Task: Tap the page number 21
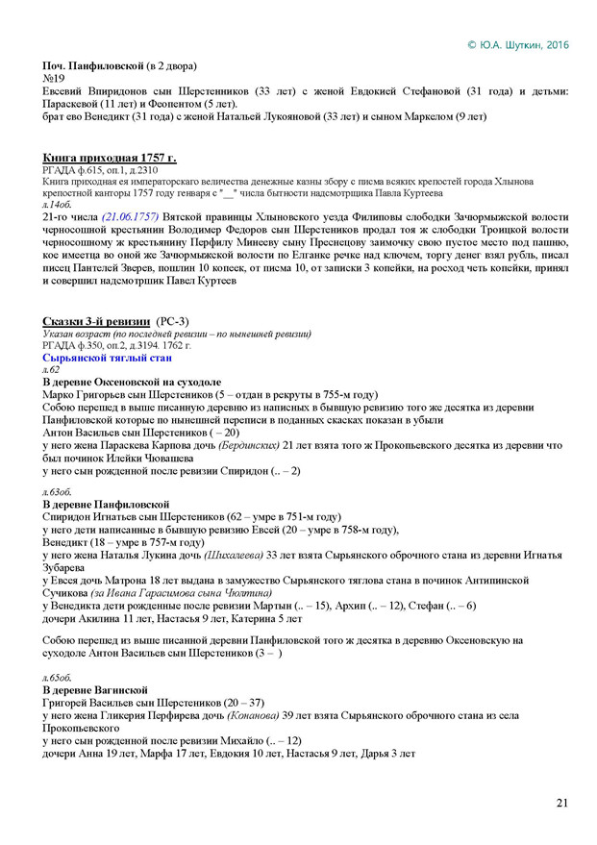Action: tap(562, 803)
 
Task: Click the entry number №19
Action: tap(54, 79)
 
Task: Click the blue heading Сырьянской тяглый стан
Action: tap(108, 358)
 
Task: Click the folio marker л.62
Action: tap(52, 370)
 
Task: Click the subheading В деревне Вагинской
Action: tap(95, 690)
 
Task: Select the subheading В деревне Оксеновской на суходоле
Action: tap(132, 383)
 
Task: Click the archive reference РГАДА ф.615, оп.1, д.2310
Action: tap(107, 169)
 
